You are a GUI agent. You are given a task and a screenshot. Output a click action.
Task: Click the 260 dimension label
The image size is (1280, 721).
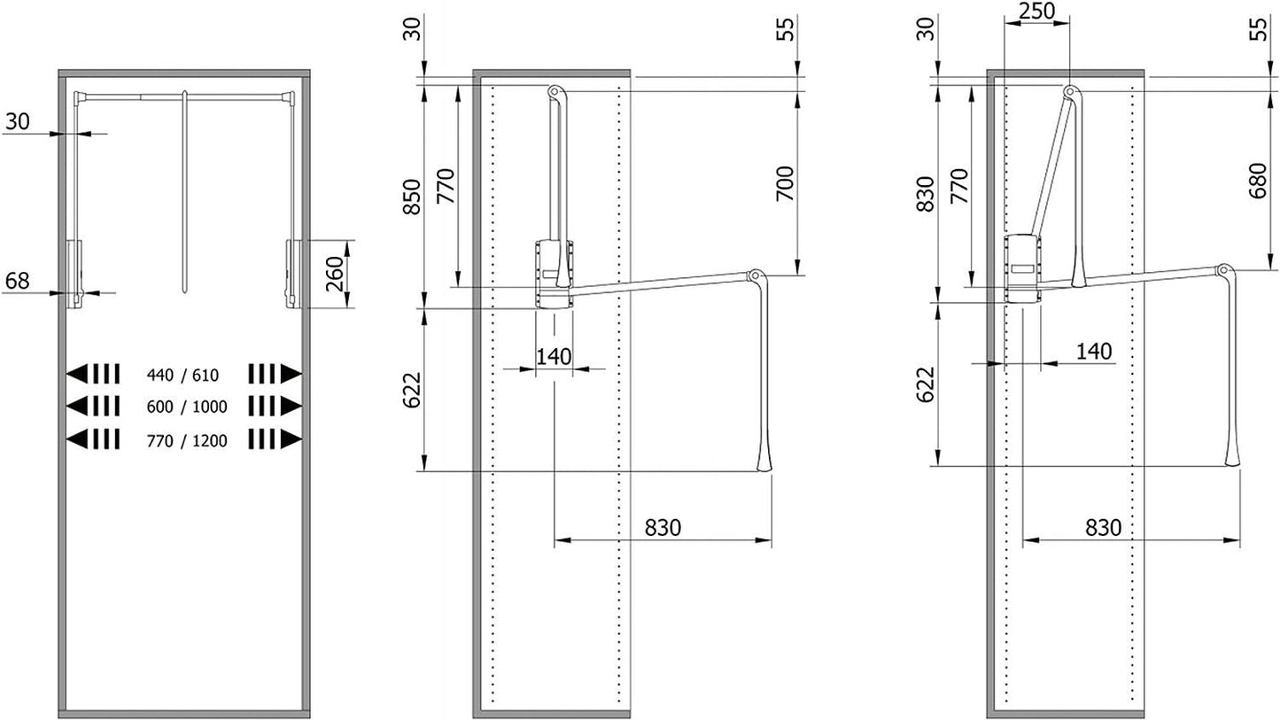[334, 275]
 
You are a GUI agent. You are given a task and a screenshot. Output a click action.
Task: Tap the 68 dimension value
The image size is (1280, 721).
[17, 281]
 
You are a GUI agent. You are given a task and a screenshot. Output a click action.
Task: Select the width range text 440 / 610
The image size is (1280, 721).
[182, 375]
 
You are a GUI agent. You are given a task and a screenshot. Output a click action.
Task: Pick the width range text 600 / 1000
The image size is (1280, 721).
[187, 407]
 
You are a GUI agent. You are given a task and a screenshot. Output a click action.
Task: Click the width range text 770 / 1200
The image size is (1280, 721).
[187, 441]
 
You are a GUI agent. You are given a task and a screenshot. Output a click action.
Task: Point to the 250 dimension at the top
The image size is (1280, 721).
[1036, 11]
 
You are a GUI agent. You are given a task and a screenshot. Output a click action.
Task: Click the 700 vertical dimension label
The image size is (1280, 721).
[785, 183]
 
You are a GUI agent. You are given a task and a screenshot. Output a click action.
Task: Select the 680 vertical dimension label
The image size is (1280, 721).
[1258, 181]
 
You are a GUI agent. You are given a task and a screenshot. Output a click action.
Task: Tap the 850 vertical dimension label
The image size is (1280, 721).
[411, 198]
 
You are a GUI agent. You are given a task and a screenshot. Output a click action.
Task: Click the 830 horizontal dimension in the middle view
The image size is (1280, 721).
[663, 527]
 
